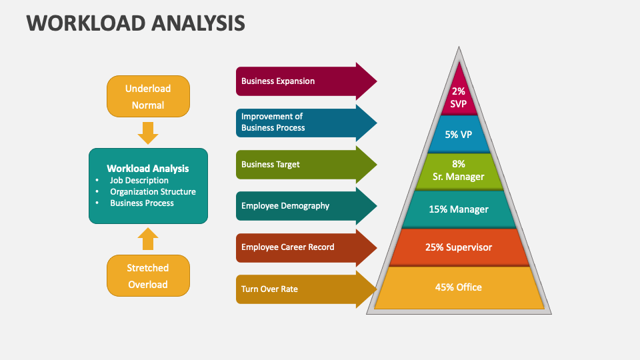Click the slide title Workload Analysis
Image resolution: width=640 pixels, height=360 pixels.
136,23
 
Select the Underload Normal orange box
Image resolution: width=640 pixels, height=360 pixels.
148,97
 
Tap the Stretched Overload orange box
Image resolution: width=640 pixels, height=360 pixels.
148,276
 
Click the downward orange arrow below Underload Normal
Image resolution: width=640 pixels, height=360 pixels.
148,133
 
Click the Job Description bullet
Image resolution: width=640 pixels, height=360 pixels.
139,180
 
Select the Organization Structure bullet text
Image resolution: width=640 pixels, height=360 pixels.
153,191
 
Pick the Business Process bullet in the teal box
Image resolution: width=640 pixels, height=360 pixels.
141,203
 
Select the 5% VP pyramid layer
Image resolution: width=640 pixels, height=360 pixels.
459,134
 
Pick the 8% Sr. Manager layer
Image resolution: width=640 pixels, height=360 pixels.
459,171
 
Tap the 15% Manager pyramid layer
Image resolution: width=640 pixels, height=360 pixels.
459,209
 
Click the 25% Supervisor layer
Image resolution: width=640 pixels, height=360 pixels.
459,247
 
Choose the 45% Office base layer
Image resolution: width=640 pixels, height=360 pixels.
459,287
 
